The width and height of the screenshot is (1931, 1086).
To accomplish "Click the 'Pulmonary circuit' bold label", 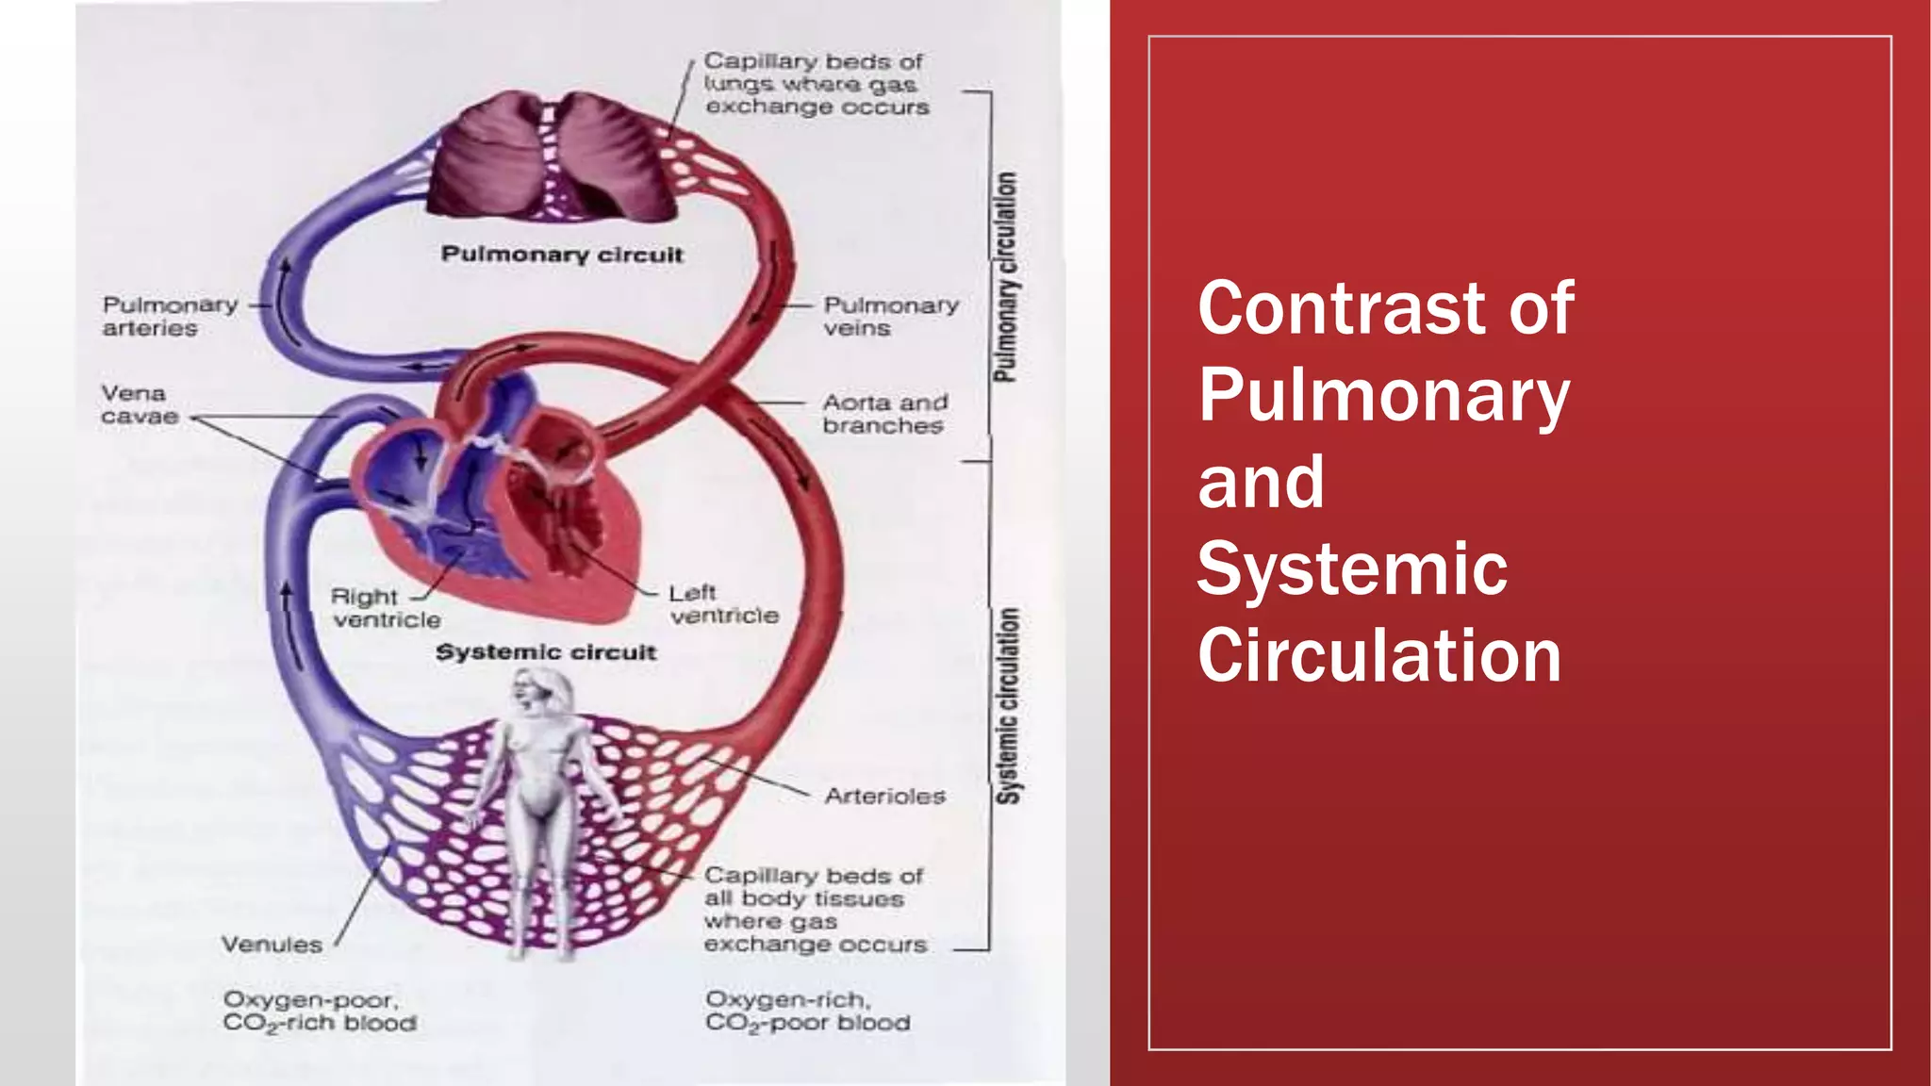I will pos(562,255).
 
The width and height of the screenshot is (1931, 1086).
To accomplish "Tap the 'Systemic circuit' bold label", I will pos(546,652).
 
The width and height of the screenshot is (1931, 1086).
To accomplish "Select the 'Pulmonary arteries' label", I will pos(170,317).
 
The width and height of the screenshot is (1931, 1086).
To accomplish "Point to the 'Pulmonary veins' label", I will pos(890,317).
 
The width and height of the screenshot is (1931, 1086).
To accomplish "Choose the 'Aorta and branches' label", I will pos(884,414).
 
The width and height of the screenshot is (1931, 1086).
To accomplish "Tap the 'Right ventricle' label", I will pos(386,608).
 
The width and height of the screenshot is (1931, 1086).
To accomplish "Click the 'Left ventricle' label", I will pos(723,604).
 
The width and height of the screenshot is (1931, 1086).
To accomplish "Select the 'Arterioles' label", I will pos(884,797).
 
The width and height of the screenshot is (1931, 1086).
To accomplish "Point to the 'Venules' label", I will pos(272,945).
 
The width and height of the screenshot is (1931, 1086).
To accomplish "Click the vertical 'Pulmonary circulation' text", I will pos(1006,277).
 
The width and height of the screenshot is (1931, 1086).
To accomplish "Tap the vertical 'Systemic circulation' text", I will pos(1008,706).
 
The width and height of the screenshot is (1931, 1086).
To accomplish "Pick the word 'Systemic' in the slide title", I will pos(1352,568).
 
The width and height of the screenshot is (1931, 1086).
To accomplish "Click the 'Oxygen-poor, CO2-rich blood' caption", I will pos(320,1012).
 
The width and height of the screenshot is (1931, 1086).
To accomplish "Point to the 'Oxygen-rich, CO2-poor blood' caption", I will pos(807,1012).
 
